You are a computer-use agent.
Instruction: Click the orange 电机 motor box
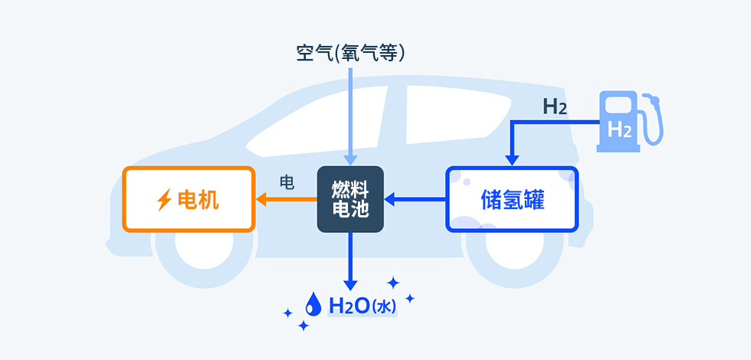(x=189, y=200)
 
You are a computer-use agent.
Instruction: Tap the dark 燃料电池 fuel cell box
(x=350, y=200)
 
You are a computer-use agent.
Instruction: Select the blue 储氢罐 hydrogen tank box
(x=511, y=200)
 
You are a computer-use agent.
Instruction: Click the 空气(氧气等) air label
(x=350, y=53)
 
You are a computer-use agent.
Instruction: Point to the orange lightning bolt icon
(x=164, y=201)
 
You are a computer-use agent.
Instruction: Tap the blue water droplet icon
(x=314, y=305)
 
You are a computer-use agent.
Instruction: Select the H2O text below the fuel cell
(x=349, y=306)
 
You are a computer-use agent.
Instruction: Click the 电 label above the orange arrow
(x=287, y=182)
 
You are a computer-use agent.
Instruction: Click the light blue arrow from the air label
(x=350, y=115)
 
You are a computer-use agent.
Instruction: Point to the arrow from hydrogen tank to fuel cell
(x=414, y=200)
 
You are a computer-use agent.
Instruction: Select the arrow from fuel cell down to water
(x=350, y=260)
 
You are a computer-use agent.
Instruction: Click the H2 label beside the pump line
(x=555, y=106)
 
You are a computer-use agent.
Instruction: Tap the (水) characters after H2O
(x=383, y=307)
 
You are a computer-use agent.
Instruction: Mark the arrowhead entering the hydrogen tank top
(x=511, y=159)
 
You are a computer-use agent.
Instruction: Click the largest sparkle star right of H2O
(x=394, y=283)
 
